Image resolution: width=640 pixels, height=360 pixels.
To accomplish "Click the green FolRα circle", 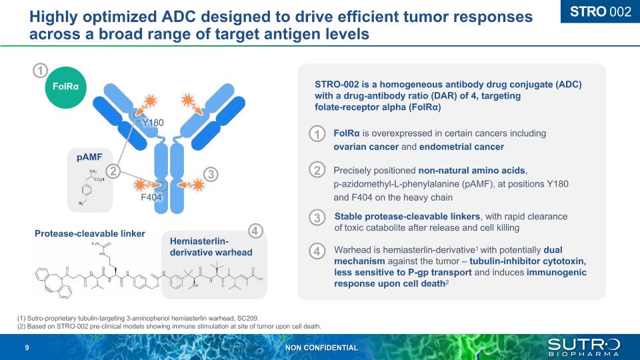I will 66,87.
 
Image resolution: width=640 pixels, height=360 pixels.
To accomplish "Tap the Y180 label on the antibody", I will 153,123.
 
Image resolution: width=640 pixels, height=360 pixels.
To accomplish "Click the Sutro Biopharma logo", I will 584,347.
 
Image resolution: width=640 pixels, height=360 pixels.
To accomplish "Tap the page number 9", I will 27,348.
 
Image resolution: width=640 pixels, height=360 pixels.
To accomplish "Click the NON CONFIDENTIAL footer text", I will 321,348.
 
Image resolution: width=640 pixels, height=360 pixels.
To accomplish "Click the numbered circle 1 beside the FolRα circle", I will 41,71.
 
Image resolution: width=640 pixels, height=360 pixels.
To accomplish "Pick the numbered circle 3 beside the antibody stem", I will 210,175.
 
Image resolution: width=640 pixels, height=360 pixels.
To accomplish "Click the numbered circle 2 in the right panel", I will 318,170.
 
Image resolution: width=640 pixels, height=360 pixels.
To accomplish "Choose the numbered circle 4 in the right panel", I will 318,252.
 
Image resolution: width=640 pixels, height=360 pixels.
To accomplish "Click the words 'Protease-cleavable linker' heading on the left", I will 90,233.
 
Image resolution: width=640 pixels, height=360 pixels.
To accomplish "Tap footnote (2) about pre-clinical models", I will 169,327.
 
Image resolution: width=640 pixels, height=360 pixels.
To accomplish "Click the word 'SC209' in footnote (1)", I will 246,318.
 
